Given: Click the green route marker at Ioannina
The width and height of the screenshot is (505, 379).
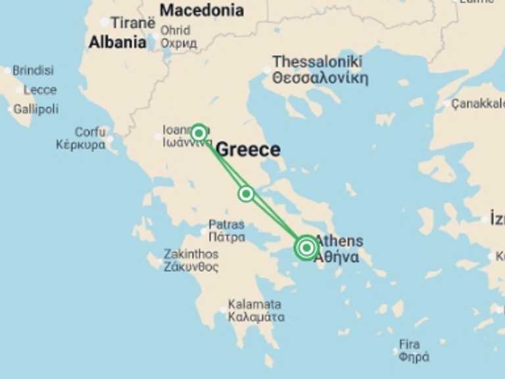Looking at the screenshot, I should pyautogui.click(x=199, y=132).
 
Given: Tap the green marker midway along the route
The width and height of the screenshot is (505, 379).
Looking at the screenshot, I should pyautogui.click(x=246, y=193).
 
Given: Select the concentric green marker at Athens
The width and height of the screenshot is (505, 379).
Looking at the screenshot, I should pyautogui.click(x=306, y=247).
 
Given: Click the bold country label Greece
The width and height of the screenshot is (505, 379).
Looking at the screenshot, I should pyautogui.click(x=248, y=150).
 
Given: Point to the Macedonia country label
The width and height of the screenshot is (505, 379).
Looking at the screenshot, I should pyautogui.click(x=202, y=11).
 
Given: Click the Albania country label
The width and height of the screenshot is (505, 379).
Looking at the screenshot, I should pyautogui.click(x=118, y=43).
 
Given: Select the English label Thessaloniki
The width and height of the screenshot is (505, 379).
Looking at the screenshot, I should pyautogui.click(x=317, y=62).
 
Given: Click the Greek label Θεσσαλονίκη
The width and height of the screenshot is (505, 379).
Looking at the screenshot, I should pyautogui.click(x=320, y=78).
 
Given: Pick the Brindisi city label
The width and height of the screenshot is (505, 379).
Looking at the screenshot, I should pyautogui.click(x=33, y=70).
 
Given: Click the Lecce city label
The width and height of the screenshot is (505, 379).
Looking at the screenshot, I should pyautogui.click(x=40, y=90).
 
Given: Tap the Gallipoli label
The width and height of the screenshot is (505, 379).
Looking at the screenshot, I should pyautogui.click(x=36, y=109).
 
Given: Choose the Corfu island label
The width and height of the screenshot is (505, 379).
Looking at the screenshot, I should pyautogui.click(x=89, y=132).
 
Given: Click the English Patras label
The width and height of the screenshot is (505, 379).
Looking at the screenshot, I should pyautogui.click(x=226, y=224).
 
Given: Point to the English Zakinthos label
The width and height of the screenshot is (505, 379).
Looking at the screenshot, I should pyautogui.click(x=191, y=254).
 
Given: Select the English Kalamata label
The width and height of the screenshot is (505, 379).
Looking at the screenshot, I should pyautogui.click(x=254, y=305).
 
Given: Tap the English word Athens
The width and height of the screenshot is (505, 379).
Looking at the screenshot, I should pyautogui.click(x=339, y=241).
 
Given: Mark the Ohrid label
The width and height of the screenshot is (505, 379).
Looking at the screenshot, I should pyautogui.click(x=175, y=30).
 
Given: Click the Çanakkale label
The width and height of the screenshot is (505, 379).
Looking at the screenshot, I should pyautogui.click(x=478, y=103).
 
